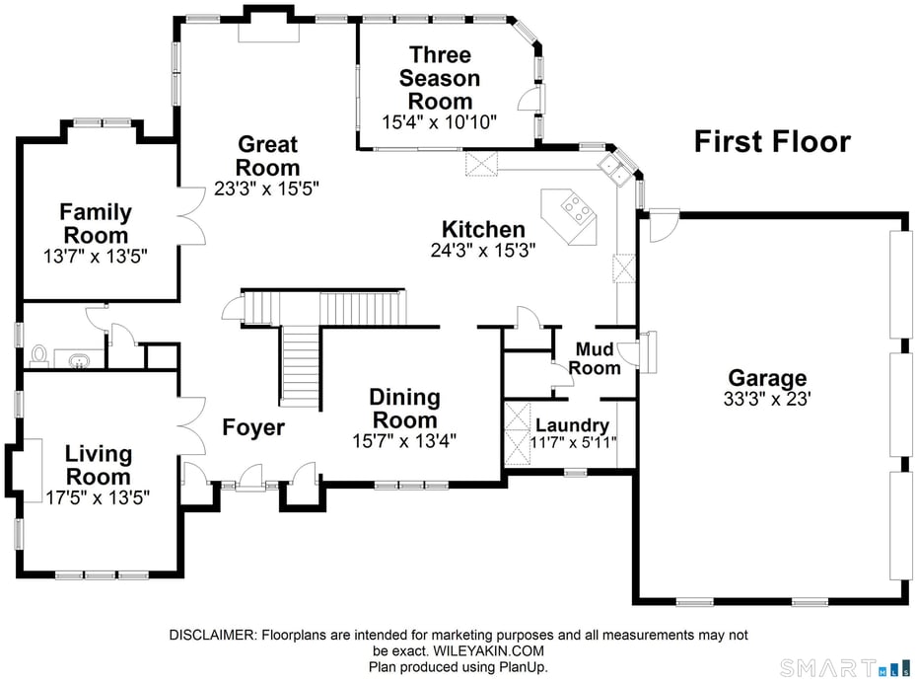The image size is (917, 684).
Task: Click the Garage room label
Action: pos(767,378)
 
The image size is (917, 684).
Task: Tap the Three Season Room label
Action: pos(441,77)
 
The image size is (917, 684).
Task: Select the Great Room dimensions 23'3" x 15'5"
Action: pos(266,187)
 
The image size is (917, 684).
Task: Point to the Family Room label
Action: pos(96,223)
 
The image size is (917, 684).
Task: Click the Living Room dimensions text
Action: pos(98,495)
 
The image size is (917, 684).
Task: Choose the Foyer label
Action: pos(253,427)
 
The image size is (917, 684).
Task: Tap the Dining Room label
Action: pos(404,409)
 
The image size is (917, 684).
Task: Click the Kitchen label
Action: pos(482,229)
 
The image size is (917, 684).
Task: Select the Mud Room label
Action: pos(598,358)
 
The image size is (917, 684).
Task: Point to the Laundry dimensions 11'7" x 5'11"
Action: pos(572,442)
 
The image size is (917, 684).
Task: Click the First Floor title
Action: pos(771,141)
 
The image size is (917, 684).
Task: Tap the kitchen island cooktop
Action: pos(575,207)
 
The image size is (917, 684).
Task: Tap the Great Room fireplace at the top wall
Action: pos(269,30)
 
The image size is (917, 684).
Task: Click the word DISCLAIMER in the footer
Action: pos(213,635)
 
